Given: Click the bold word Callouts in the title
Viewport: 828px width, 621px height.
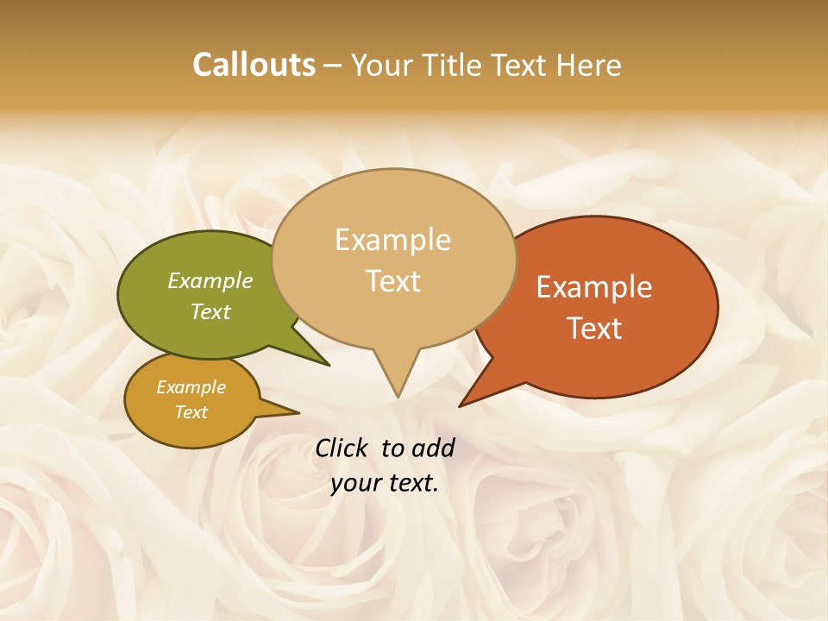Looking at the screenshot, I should (x=254, y=65).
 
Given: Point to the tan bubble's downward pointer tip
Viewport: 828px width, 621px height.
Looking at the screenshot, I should (x=398, y=395).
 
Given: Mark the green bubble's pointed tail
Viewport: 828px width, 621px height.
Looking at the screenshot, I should (x=326, y=363).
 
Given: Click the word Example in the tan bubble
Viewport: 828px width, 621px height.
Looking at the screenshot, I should (x=392, y=240).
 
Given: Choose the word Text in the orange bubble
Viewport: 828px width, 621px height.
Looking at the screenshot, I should (x=595, y=329).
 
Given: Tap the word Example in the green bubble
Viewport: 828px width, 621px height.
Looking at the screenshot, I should (x=210, y=280).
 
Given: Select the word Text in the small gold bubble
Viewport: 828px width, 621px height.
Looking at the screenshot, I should (x=191, y=412).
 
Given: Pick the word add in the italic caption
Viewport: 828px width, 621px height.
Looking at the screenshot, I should (x=433, y=448).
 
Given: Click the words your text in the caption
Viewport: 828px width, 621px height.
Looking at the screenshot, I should (x=385, y=484).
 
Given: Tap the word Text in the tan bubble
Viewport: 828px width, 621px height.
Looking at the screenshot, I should (x=393, y=281).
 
